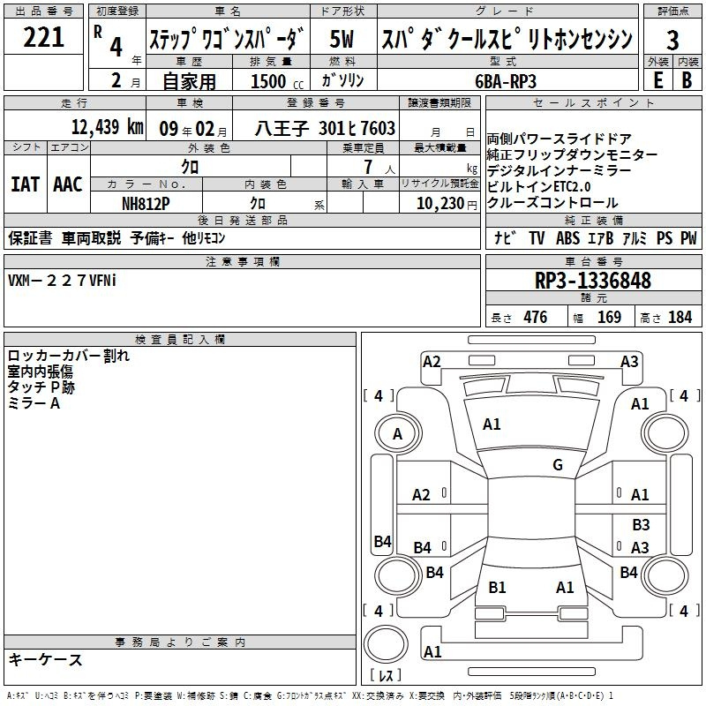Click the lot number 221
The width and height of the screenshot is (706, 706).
coord(43,37)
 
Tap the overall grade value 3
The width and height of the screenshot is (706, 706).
coord(672,41)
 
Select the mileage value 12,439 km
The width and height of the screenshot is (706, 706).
coord(107,127)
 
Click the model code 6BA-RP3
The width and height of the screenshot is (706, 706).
coord(506,81)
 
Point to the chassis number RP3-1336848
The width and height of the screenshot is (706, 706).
coord(593,281)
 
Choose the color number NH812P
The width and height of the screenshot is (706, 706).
coord(146,204)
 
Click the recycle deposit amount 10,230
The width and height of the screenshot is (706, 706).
coord(439,204)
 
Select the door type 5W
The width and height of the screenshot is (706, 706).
coord(342,39)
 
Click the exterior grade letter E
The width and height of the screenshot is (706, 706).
coord(658,80)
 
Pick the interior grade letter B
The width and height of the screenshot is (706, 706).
coord(687,80)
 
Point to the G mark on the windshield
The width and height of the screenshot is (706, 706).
coord(558,464)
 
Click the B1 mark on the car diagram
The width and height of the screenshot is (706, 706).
coord(497,587)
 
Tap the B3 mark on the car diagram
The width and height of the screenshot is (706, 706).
coord(641,524)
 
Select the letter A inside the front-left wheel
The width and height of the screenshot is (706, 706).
coord(397,434)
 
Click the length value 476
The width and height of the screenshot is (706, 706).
coord(536,318)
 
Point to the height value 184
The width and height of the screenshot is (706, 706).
coord(680,318)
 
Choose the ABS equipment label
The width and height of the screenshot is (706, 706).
coord(567,238)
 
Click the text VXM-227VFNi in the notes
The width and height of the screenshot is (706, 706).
coord(62,281)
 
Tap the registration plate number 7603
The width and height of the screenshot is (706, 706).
coord(378,128)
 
